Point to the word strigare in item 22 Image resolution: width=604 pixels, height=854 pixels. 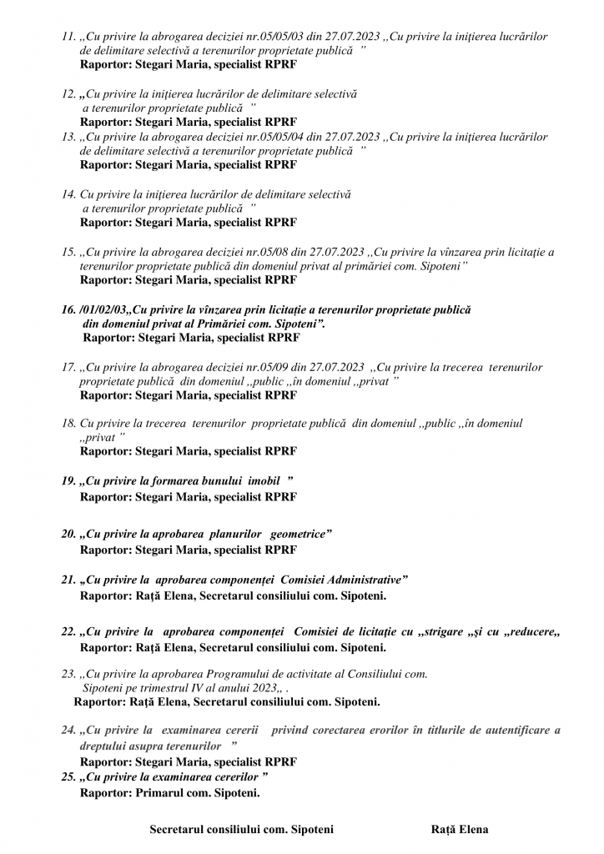click(432, 632)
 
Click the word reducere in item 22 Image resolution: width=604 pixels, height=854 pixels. click(530, 632)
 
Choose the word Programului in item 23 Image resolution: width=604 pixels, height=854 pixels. click(225, 673)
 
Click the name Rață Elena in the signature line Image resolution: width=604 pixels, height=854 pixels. click(460, 830)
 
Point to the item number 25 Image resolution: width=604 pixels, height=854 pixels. click(68, 777)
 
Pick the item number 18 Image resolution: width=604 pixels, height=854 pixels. click(68, 424)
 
